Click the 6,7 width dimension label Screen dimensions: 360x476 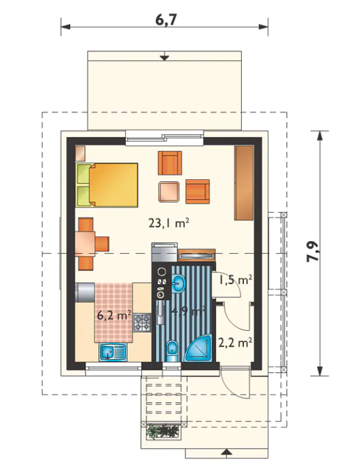click(x=165, y=20)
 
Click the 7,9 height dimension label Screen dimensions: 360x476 click(x=313, y=252)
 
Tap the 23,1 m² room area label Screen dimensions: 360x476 click(x=169, y=223)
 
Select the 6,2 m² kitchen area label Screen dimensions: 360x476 click(x=114, y=315)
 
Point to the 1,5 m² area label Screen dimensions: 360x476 click(x=236, y=280)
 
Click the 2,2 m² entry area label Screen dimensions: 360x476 click(x=235, y=343)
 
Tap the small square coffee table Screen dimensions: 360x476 click(x=168, y=192)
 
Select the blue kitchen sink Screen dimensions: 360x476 click(x=113, y=353)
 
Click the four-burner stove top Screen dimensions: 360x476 click(x=142, y=322)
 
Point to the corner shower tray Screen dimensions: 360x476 click(x=199, y=348)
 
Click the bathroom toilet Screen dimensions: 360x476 click(x=172, y=351)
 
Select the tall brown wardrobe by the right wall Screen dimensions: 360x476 click(x=243, y=183)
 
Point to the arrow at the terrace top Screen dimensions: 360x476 click(x=164, y=56)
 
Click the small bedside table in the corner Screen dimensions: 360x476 click(x=81, y=154)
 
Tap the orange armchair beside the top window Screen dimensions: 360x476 click(x=170, y=163)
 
